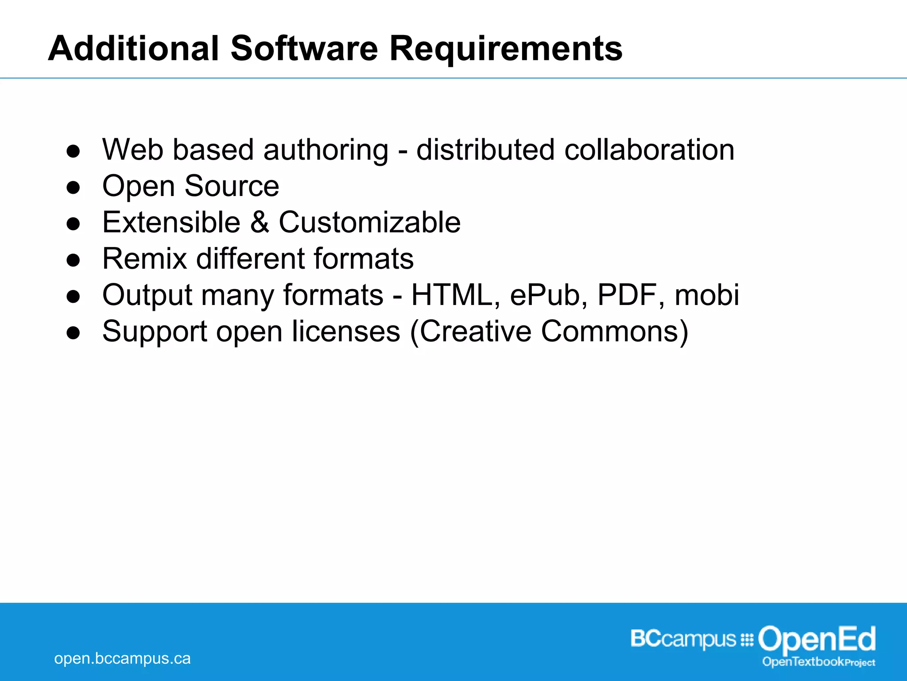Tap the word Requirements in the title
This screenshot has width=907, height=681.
coord(506,49)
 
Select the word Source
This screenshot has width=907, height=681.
coord(232,186)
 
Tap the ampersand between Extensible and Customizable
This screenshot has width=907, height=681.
coord(260,222)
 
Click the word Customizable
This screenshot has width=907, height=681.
coord(369,222)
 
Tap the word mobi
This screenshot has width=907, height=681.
coord(707,295)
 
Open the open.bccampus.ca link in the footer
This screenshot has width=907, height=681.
coord(122,658)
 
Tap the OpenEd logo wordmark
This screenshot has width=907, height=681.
coord(817,640)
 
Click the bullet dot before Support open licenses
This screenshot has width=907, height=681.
coord(73,333)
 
